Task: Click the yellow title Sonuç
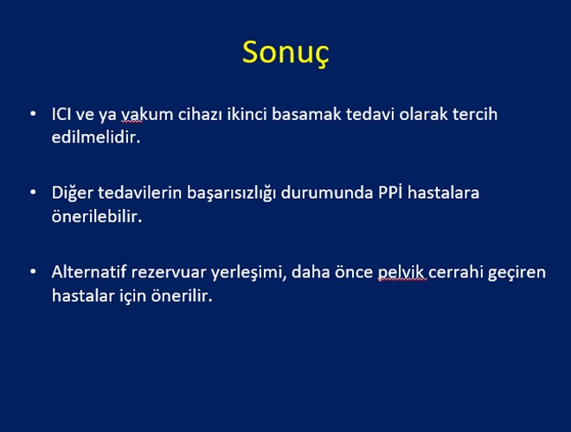[285, 53]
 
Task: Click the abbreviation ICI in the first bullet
[61, 114]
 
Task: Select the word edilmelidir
[96, 137]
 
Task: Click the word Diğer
[73, 194]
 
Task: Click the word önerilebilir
[97, 216]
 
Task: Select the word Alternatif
[89, 272]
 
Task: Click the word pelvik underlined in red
[401, 273]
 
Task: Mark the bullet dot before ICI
[33, 114]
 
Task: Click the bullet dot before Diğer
[33, 193]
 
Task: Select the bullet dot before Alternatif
[33, 271]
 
